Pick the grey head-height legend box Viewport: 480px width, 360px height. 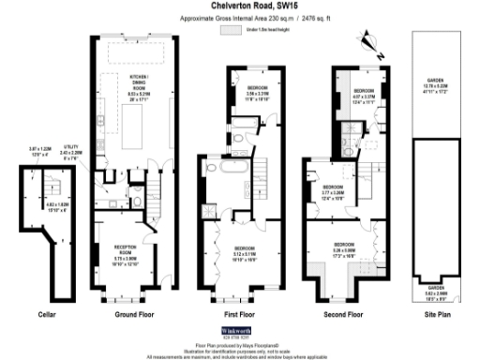pos(229,30)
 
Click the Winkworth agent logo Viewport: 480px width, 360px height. pos(239,333)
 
